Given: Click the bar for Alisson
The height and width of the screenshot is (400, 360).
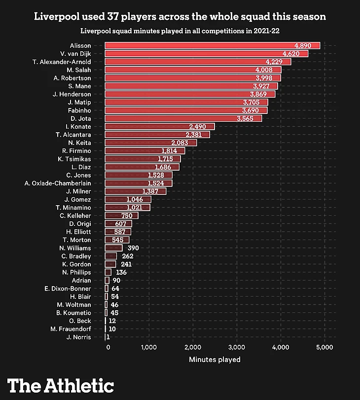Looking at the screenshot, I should click(x=212, y=45).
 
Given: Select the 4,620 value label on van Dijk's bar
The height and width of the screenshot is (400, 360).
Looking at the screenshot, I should click(x=294, y=53).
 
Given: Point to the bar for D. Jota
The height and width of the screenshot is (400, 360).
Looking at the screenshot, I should click(x=183, y=118).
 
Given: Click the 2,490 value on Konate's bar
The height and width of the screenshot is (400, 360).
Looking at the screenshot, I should click(x=200, y=127).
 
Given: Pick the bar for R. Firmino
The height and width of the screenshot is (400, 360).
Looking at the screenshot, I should click(x=144, y=150).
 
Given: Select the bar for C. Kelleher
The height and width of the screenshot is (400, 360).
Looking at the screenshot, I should click(x=121, y=216).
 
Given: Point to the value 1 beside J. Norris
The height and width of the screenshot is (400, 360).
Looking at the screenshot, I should click(x=108, y=337).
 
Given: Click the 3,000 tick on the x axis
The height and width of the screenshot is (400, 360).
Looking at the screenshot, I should click(x=237, y=348).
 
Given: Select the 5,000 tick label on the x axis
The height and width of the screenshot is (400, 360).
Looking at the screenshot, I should click(x=324, y=348).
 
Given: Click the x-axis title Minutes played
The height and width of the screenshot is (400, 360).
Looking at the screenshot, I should click(x=215, y=360).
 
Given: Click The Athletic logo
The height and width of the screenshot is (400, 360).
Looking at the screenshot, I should click(x=61, y=385).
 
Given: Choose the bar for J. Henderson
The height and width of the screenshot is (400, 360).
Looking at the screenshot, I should click(x=190, y=94).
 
